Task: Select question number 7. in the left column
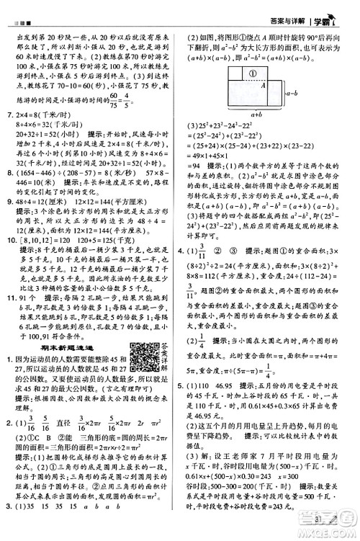point(9,114)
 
